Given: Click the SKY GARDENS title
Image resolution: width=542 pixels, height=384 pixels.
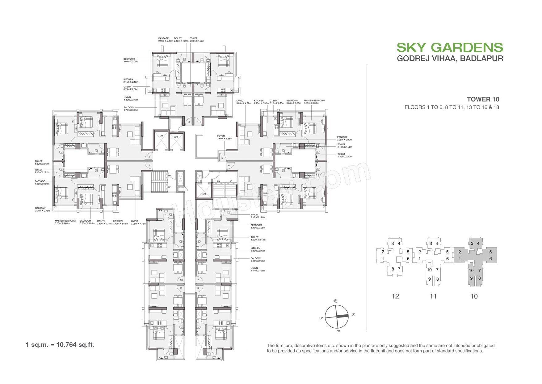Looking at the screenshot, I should click(x=450, y=48).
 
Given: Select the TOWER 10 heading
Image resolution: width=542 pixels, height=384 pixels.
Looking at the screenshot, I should click(x=483, y=99).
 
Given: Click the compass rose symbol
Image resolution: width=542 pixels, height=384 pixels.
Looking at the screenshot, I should click(x=337, y=316).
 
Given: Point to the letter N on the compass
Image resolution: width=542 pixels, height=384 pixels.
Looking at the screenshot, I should click(x=353, y=315).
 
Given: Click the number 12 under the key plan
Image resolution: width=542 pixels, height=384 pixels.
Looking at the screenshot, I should click(x=395, y=296).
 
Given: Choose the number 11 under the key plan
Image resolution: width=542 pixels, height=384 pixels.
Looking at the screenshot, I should click(x=433, y=296).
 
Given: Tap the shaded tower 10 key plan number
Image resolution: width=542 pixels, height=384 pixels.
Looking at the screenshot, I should click(x=474, y=296).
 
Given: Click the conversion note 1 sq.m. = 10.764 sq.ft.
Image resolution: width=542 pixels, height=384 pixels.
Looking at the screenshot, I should click(x=60, y=344).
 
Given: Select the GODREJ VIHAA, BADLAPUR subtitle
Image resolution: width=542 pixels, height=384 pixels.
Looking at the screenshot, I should click(x=450, y=58).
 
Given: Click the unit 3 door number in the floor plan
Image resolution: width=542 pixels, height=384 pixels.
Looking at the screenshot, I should click(x=189, y=122).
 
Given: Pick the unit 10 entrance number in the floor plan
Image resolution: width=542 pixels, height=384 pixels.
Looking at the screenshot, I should click(x=181, y=280).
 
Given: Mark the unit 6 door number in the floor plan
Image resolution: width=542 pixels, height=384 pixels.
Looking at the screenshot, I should click(x=229, y=166).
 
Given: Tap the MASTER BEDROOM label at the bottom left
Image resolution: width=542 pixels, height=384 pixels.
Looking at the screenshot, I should click(x=65, y=222).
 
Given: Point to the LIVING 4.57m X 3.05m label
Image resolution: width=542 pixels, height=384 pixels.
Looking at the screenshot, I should click(x=258, y=269).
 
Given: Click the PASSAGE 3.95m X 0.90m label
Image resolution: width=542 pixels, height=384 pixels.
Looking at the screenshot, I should click(x=342, y=138).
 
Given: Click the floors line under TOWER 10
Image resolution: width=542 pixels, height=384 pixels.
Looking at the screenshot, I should click(x=452, y=107).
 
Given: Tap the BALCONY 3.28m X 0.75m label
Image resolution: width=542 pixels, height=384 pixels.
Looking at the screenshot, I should click(x=42, y=209).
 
